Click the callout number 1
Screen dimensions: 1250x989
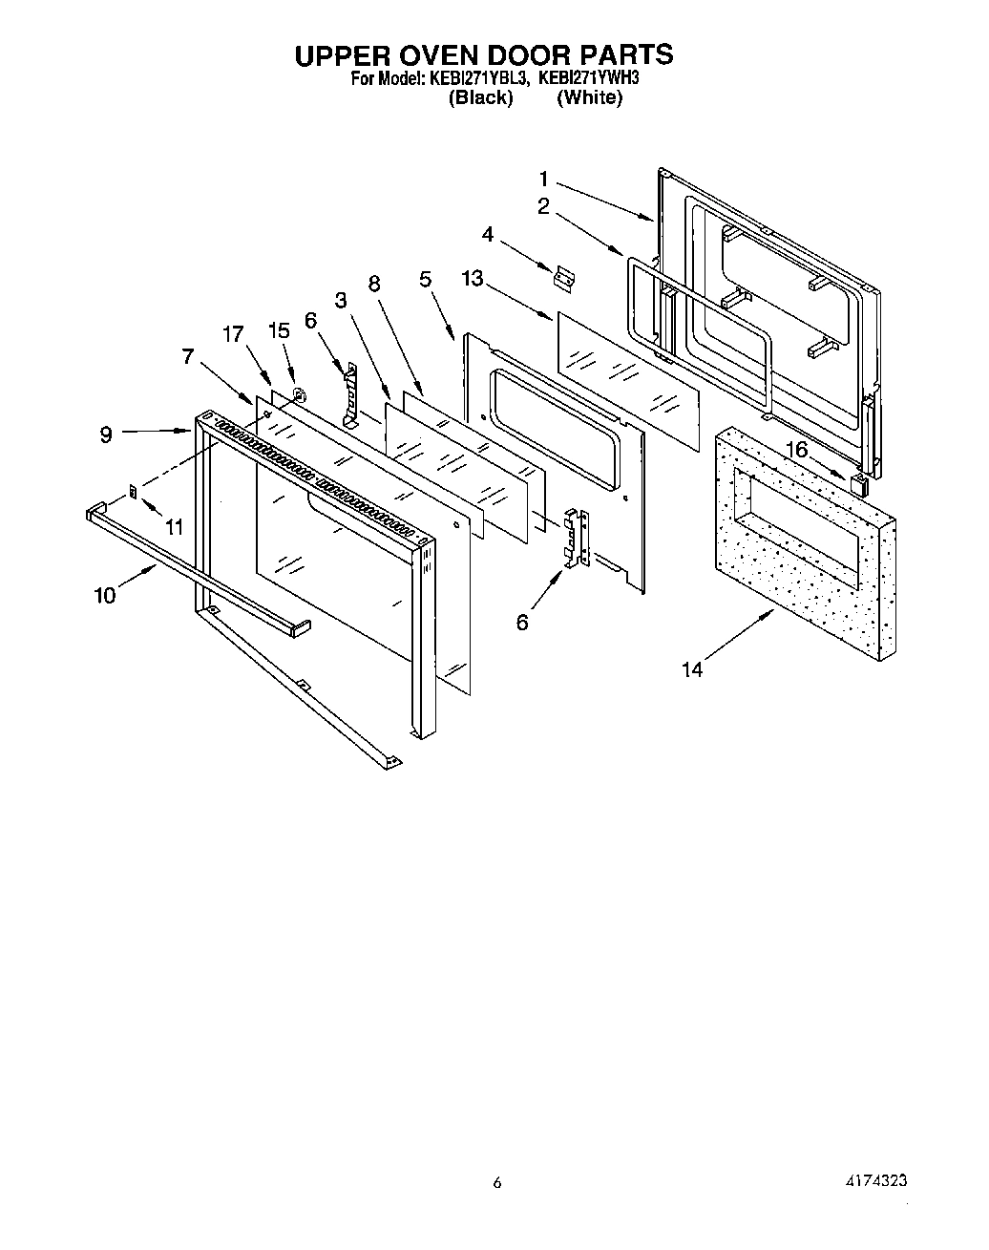(x=543, y=178)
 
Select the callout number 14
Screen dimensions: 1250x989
(x=692, y=669)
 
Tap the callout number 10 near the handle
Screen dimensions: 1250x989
(x=104, y=595)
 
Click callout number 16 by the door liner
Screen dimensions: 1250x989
(x=796, y=448)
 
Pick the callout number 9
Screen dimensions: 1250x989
(x=105, y=434)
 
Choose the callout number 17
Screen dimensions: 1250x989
(x=233, y=334)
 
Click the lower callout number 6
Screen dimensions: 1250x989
(x=521, y=622)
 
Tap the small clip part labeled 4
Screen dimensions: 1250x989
(x=564, y=278)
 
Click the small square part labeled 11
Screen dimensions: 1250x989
(x=133, y=492)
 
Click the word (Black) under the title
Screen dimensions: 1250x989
(x=481, y=98)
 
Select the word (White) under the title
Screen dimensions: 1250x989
(x=589, y=98)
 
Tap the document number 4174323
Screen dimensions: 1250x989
(x=869, y=1181)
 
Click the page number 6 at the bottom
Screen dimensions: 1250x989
(x=496, y=1183)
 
